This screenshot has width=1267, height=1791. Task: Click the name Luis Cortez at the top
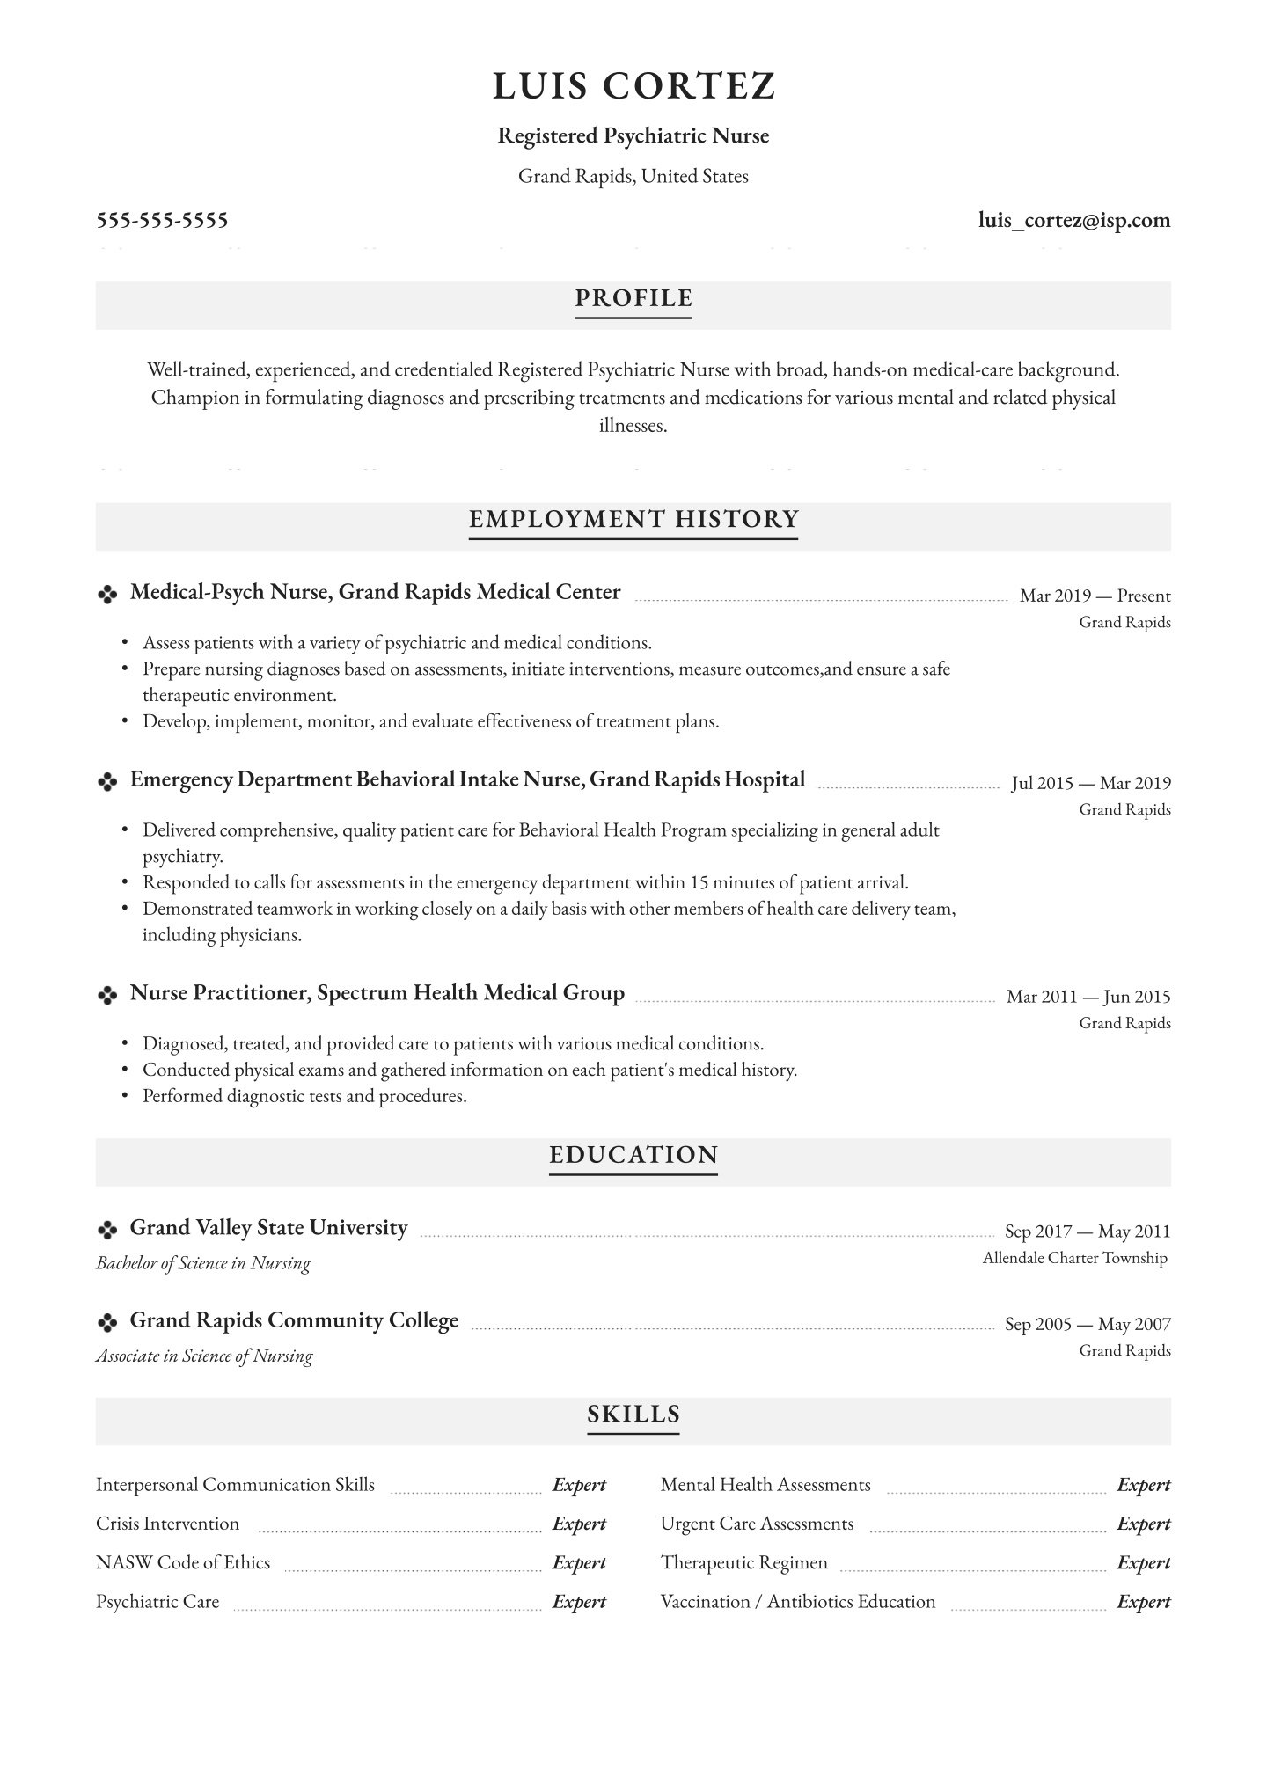pos(633,86)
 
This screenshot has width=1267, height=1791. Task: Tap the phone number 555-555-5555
pos(162,220)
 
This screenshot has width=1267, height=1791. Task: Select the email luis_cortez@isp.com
pos(1074,220)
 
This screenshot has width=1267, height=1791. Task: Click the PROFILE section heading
pos(633,299)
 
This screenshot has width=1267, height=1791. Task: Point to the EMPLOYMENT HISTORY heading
pos(633,520)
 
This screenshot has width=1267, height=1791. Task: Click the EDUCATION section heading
pos(633,1156)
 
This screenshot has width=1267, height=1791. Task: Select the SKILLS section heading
pos(633,1415)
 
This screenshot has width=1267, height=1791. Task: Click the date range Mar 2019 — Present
pos(1095,596)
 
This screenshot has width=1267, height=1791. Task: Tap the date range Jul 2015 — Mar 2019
pos(1091,784)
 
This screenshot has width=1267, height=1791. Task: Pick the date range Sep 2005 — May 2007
pos(1088,1325)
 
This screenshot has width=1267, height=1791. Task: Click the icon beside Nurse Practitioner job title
pos(107,996)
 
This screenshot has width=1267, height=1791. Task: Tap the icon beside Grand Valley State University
pos(107,1230)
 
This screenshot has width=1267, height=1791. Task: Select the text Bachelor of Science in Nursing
pos(203,1264)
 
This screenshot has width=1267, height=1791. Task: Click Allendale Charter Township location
pos(1075,1259)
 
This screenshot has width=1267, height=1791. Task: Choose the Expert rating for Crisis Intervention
pos(579,1524)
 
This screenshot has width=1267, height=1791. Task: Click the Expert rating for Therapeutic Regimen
pos(1144,1563)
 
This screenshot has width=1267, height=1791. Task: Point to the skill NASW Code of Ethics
pos(183,1563)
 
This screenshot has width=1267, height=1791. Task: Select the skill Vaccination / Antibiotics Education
pos(798,1602)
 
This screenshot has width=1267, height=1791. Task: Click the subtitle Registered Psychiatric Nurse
pos(633,136)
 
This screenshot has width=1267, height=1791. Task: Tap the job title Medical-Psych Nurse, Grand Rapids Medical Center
pos(376,593)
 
